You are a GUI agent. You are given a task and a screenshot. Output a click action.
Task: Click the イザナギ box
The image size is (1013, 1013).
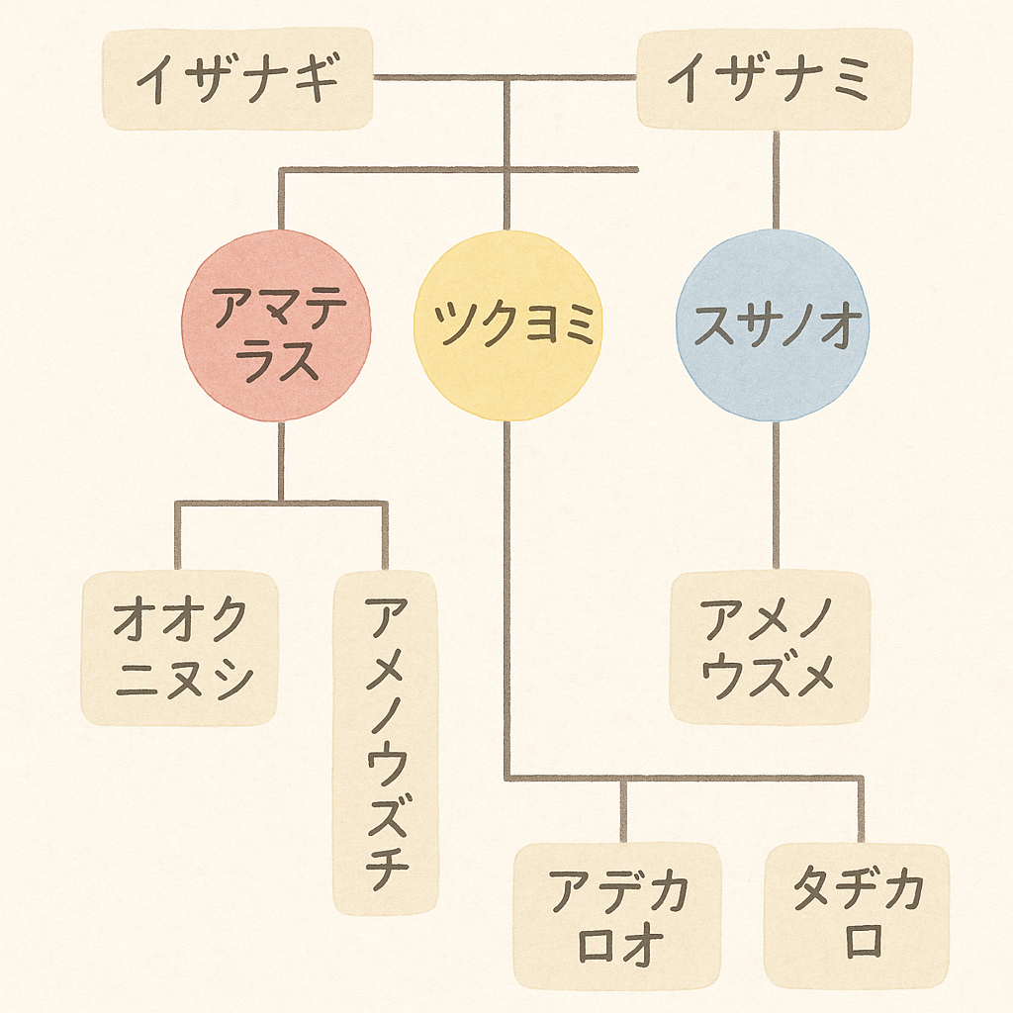click(x=237, y=79)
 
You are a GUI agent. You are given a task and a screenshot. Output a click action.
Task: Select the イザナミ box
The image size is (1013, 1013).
click(x=774, y=79)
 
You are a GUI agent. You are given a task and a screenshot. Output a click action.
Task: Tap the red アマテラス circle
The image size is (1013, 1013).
click(x=276, y=325)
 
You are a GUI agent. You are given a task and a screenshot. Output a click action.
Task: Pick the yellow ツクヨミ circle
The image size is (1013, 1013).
click(x=506, y=325)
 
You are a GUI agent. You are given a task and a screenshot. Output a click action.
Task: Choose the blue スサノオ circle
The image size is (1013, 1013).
click(x=773, y=325)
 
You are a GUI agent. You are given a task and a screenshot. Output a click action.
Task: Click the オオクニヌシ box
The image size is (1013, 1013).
click(x=179, y=649)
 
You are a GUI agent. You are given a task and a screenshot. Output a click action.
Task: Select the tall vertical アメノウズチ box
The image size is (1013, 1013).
click(x=385, y=742)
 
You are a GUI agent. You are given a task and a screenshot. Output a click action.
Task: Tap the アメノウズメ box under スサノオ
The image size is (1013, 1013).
click(x=770, y=649)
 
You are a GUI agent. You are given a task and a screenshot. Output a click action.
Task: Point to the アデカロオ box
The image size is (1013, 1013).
click(x=617, y=915)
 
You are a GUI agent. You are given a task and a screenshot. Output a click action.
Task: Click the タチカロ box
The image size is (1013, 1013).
click(x=857, y=915)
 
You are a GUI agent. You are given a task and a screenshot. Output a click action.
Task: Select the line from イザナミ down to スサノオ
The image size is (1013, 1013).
click(x=776, y=178)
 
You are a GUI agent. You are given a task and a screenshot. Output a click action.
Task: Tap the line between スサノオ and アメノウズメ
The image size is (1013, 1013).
click(x=776, y=495)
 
